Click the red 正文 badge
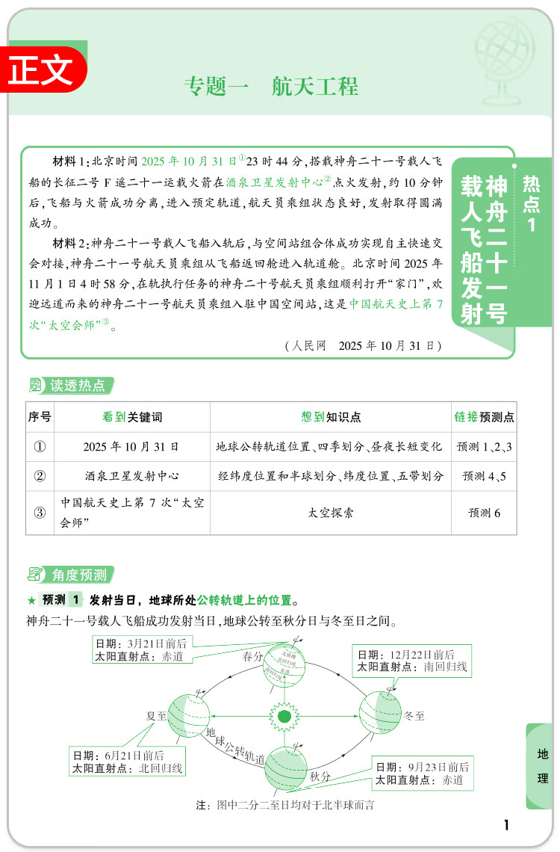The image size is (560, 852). [x=43, y=70]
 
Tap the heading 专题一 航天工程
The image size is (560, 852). [x=271, y=87]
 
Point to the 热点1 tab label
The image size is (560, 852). [x=532, y=204]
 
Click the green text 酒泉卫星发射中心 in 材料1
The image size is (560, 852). [x=279, y=181]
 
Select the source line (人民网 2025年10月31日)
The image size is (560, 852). [x=364, y=346]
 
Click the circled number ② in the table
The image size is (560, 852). [x=40, y=476]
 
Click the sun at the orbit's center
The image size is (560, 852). [x=284, y=717]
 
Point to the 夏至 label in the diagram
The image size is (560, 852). [x=155, y=715]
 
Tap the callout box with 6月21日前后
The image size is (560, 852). [x=128, y=762]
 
